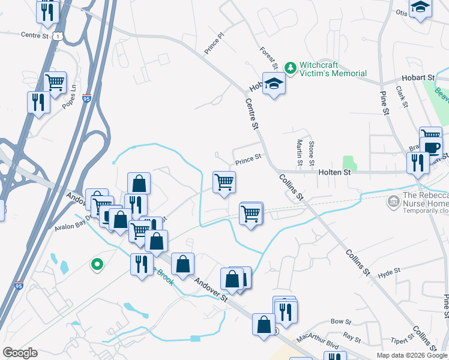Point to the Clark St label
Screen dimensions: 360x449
[x=402, y=97]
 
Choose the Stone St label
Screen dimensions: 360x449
[x=311, y=153]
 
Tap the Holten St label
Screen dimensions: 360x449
[x=338, y=172]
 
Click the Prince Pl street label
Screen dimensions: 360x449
[x=214, y=43]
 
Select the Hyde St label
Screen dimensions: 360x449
[x=389, y=273]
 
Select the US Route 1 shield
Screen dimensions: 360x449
[x=57, y=37]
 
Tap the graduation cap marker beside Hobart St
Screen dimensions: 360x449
[x=274, y=84]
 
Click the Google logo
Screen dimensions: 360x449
[x=20, y=353]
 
